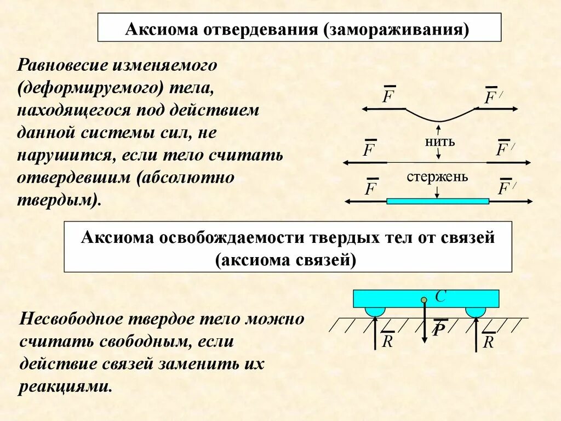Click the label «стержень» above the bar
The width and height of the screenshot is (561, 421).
point(437,177)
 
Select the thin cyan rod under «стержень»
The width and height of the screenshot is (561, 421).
point(437,201)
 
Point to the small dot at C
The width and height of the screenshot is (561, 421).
point(423,299)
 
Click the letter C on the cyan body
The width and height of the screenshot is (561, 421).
point(440,297)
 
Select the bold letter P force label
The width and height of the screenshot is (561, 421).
point(438,329)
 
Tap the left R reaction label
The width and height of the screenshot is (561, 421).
point(387,341)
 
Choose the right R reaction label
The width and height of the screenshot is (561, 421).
point(489,342)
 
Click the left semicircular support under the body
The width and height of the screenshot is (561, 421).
point(375,311)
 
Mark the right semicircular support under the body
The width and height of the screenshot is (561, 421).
point(475,311)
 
